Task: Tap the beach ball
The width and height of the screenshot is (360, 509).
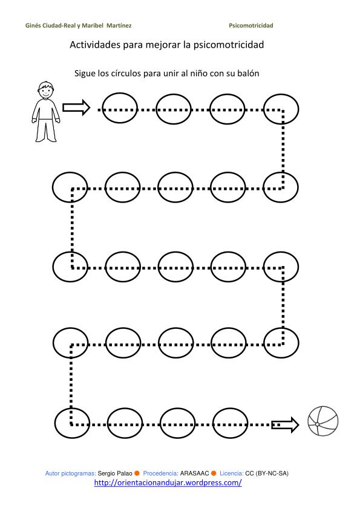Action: pos(323,421)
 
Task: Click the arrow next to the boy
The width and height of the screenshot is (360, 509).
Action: pos(76,108)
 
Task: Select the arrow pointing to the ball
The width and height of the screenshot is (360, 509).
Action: pos(285,424)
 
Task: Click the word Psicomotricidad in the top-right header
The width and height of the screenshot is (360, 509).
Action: pos(251,25)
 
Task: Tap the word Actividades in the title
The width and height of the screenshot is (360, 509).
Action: pos(95,45)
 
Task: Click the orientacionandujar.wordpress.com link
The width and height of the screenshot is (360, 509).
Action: pos(168,483)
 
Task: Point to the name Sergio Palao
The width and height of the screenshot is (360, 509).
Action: pos(115,473)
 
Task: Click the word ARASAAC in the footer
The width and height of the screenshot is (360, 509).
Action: pos(194,473)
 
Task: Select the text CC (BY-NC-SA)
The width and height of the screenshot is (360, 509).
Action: pos(267,473)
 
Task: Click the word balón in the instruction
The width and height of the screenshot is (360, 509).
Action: pos(248,73)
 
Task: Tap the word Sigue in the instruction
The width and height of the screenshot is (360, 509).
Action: pos(85,74)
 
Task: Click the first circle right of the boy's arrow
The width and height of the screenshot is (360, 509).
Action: pos(120,108)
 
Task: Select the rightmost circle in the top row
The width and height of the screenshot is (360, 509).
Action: pos(281,109)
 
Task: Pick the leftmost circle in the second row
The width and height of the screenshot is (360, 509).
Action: pos(70,187)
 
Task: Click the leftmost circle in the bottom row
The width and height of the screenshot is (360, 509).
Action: pos(72,423)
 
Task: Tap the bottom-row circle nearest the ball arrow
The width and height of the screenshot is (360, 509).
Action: pos(230,423)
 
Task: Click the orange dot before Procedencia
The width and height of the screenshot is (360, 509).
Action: pos(137,473)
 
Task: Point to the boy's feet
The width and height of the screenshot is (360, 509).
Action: pos(46,139)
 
